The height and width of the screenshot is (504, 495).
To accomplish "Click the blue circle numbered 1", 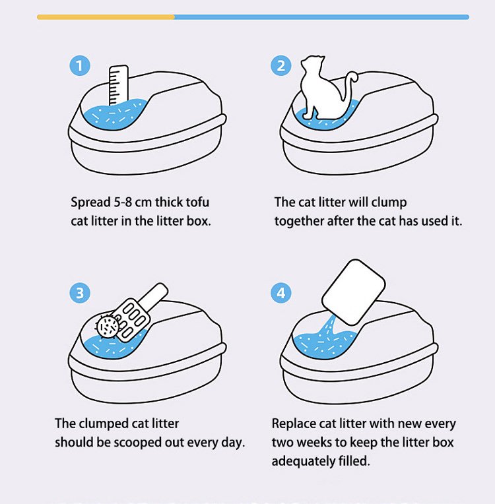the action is point(80,66).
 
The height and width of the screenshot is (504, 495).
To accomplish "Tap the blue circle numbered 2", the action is point(280,66).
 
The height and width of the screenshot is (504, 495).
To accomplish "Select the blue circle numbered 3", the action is point(80,293).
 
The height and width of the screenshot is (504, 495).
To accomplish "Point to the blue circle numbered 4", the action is point(280,293).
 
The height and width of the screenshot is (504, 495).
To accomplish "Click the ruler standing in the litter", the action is point(118,85).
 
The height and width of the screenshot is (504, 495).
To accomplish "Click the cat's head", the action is point(313,63).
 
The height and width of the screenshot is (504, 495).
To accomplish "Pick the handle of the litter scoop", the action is point(156,295).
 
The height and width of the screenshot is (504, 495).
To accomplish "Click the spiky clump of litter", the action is point(108,327).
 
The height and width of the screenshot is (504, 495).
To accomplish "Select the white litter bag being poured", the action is point(354,292).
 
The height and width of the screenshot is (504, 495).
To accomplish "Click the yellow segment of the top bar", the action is point(106,17).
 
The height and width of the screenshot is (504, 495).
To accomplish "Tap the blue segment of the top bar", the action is point(321,17).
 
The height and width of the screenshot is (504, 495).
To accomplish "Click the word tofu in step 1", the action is point(197,202).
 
